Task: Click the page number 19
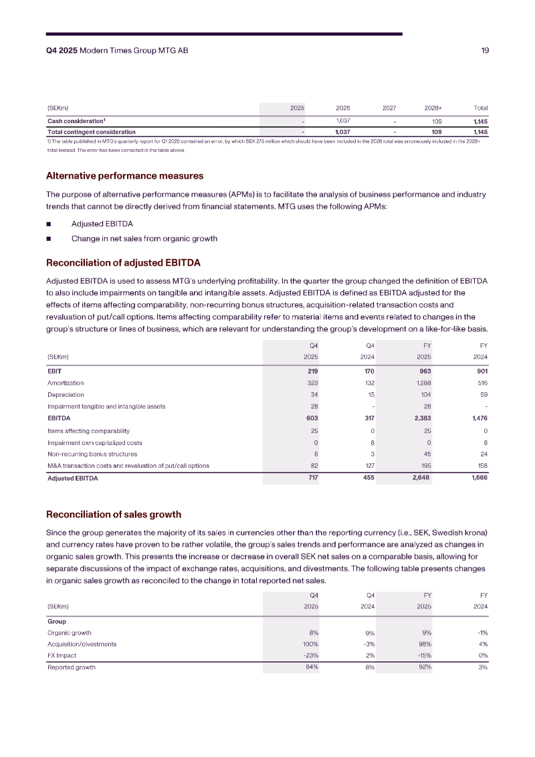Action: pyautogui.click(x=485, y=51)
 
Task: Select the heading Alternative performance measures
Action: pyautogui.click(x=124, y=176)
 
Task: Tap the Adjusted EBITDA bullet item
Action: pyautogui.click(x=102, y=224)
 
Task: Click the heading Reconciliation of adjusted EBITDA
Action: pyautogui.click(x=123, y=262)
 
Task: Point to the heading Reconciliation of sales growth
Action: pyautogui.click(x=114, y=514)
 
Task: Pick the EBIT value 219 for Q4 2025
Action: pyautogui.click(x=312, y=370)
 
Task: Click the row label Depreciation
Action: pyautogui.click(x=66, y=394)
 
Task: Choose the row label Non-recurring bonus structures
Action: pyautogui.click(x=92, y=454)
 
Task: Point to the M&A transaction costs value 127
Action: pyautogui.click(x=367, y=466)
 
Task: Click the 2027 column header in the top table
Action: pyautogui.click(x=389, y=108)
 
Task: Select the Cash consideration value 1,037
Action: pyautogui.click(x=343, y=120)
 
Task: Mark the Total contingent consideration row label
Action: pyautogui.click(x=92, y=132)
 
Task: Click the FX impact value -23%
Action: pyautogui.click(x=310, y=655)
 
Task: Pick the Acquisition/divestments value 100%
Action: pyautogui.click(x=310, y=644)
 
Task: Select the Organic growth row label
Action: pyautogui.click(x=70, y=632)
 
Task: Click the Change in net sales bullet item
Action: pyautogui.click(x=144, y=238)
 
